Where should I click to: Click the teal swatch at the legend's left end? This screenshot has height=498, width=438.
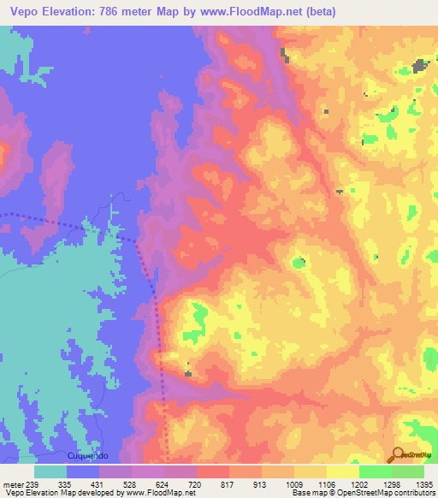50,471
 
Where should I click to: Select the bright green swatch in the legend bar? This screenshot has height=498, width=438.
375,471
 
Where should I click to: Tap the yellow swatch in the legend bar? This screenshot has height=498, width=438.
342,471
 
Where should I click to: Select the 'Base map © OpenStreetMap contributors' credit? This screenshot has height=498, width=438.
362,493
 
